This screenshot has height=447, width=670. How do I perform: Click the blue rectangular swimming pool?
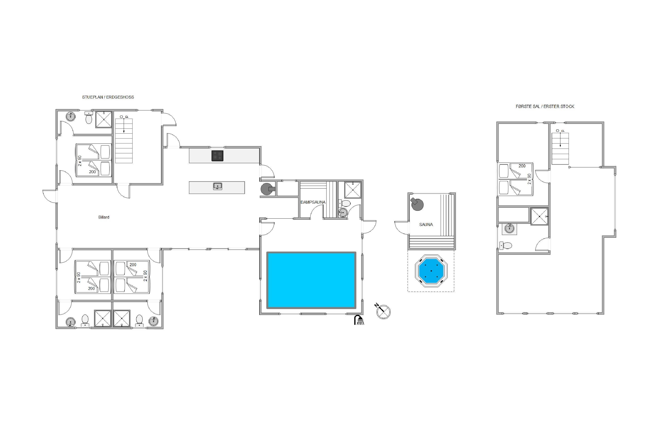coord(311,280)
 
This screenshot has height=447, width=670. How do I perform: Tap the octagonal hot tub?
coord(431,271)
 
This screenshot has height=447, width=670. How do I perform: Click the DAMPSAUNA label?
coord(313,202)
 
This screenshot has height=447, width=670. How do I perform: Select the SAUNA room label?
coord(426,225)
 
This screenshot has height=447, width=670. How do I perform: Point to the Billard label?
coord(104,217)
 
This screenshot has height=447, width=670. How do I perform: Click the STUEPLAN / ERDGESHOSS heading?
coord(108,97)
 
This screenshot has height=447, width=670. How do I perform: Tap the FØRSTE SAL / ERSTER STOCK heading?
coord(545,107)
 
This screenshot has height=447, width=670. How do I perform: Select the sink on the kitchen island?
coord(217,186)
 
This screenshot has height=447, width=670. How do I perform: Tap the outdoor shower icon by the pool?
coord(359,320)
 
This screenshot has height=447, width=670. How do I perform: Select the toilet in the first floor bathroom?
coord(506,245)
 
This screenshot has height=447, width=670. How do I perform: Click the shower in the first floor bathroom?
coord(540,216)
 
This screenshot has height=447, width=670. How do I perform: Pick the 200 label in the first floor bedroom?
coord(522,166)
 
